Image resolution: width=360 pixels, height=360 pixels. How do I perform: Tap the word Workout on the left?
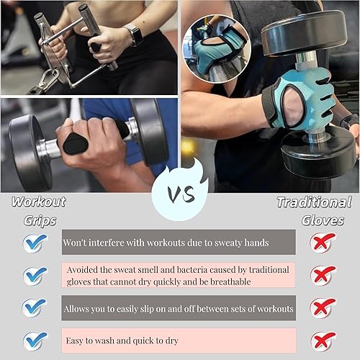coord(39,202)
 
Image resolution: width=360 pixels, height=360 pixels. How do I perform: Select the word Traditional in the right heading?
coord(315,202)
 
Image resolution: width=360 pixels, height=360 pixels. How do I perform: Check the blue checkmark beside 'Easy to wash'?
coord(34,339)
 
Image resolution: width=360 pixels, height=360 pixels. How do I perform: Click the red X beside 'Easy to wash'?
coord(323,339)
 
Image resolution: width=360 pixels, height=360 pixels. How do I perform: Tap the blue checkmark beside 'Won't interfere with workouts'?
coord(34,243)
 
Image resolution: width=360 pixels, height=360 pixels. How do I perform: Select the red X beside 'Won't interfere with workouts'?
coord(323,243)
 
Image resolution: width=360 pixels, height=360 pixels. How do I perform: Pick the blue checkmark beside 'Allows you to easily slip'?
coord(34,307)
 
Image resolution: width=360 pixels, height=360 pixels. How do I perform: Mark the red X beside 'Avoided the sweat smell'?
coord(323,275)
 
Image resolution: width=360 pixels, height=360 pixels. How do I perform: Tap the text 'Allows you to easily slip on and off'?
coord(179,308)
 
